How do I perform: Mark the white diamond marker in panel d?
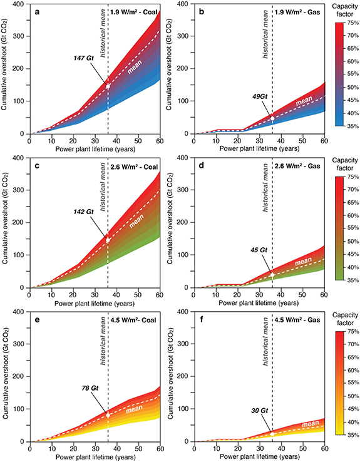tap(272, 274)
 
